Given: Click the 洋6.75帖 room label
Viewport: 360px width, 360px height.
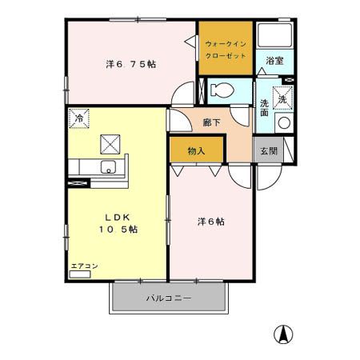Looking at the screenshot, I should click(x=130, y=63).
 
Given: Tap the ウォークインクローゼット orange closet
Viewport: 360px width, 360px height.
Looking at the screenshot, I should click(x=226, y=49).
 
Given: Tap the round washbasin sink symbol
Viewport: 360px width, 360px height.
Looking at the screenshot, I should click(x=283, y=122).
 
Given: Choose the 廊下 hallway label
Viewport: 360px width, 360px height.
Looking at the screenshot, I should click(x=212, y=123).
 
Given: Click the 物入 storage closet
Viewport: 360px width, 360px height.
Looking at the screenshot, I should click(x=197, y=150).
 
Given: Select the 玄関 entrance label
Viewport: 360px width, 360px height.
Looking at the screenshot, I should click(x=266, y=150).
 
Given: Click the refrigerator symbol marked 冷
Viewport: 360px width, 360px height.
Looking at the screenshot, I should click(x=78, y=118).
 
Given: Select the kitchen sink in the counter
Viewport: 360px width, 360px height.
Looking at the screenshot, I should click(x=109, y=168).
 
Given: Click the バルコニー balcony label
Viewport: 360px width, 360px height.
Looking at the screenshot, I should click(x=169, y=298).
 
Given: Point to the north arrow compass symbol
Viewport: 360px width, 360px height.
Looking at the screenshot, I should click(x=282, y=334).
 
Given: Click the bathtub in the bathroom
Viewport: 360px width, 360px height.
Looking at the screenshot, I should click(x=276, y=36).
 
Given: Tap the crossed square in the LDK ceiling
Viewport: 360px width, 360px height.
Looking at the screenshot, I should click(x=109, y=144).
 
